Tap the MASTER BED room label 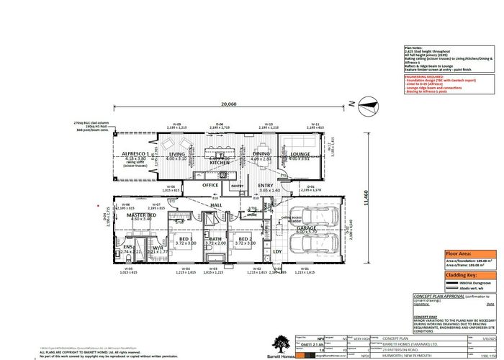pos(143,215)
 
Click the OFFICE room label pos(210,185)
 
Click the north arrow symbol pos(367,107)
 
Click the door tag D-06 pos(220,124)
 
